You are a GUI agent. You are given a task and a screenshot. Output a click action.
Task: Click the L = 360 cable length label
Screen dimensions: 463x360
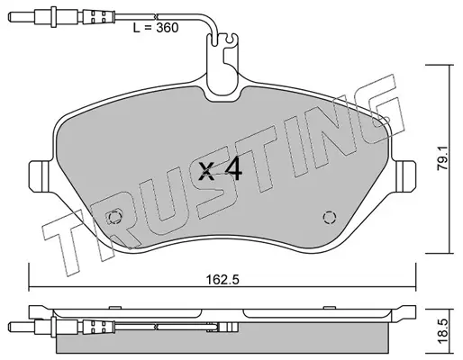156,28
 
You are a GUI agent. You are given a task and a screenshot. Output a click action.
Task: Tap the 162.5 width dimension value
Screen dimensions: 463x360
222,280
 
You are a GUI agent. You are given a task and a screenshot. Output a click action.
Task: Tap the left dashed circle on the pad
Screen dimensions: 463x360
114,217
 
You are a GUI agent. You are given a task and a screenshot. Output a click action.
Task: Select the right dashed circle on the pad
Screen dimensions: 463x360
329,217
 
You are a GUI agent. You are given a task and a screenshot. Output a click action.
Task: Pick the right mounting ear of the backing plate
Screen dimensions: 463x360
405,176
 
